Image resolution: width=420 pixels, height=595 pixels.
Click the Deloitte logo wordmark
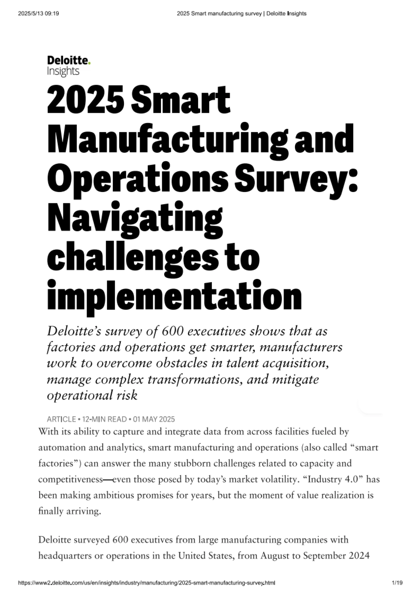68,61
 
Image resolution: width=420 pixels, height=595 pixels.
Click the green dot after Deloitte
90,63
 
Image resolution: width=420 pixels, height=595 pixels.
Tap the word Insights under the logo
63,71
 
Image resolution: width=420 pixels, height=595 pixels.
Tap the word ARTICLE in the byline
61,419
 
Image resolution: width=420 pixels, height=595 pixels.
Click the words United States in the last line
205,556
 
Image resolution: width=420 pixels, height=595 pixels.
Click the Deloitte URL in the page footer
146,583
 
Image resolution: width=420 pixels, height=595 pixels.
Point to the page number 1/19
397,583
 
